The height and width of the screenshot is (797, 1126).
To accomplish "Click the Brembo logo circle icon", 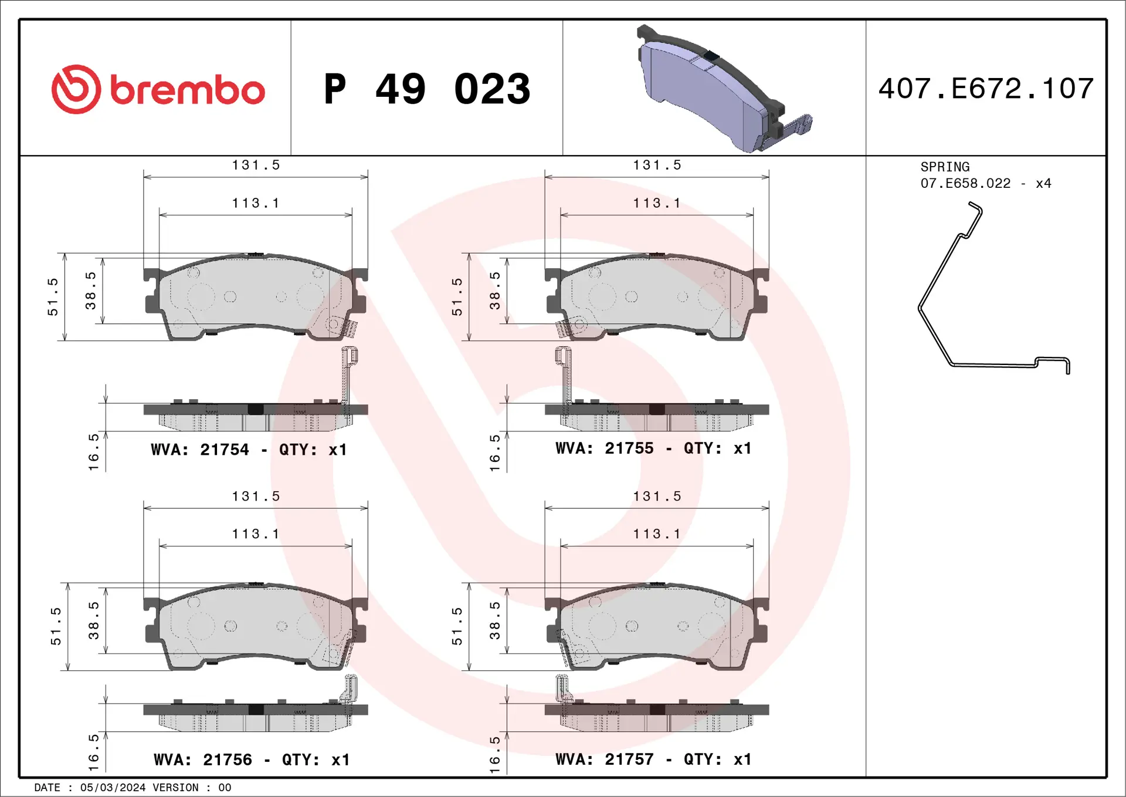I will pos(76,89).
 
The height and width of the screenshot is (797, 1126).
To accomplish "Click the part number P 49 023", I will pos(427,89).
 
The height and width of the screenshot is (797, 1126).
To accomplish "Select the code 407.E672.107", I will pos(986,89).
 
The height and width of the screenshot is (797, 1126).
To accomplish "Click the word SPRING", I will pos(944,167).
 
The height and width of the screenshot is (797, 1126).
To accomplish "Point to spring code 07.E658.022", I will pos(965,184).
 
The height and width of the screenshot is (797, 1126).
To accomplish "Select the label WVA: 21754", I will pos(200,450).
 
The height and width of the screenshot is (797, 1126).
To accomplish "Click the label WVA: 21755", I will pos(604,449).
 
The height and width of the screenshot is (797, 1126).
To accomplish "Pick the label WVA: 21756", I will pos(203,760).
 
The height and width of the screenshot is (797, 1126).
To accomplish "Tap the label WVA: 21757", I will pos(604,759).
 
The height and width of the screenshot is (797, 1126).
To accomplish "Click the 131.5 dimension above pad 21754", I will pos(256,166).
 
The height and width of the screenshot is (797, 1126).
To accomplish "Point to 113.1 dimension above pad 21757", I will pos(657,534).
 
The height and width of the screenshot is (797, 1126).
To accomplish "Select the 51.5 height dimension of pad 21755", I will pos(457,297).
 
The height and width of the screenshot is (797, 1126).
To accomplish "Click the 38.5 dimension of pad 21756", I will pos(93,620).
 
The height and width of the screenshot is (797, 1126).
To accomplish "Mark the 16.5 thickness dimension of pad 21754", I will pos(93,452).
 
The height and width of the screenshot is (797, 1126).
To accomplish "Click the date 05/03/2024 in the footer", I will pos(113,788).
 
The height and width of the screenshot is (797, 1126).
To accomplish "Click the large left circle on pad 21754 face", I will pos(201,297).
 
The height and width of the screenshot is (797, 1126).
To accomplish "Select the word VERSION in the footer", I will pos(175,788).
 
